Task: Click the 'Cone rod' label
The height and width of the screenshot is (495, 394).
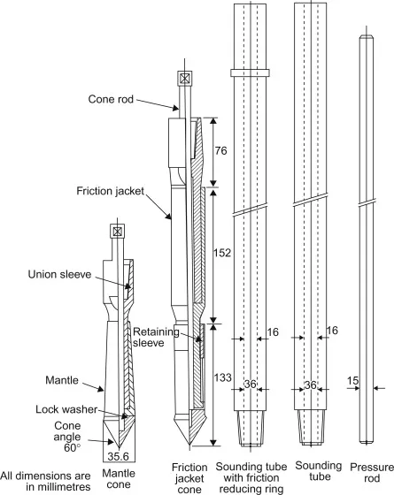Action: click(x=111, y=99)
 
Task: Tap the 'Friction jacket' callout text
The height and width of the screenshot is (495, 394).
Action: click(x=110, y=191)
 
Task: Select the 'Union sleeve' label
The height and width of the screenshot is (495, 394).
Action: click(x=59, y=274)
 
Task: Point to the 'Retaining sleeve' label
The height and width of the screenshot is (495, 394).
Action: click(x=156, y=337)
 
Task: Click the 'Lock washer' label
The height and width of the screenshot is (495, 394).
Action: click(x=66, y=409)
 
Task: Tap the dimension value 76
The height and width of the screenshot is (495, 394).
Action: click(x=221, y=150)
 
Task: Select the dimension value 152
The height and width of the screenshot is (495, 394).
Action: click(x=222, y=253)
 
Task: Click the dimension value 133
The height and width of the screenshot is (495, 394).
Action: click(x=223, y=377)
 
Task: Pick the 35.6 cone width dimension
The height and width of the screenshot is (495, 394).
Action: click(x=119, y=456)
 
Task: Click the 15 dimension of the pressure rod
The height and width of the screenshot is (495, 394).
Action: click(x=353, y=381)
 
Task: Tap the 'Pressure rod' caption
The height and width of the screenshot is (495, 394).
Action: click(x=372, y=473)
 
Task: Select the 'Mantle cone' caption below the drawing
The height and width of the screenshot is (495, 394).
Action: click(x=119, y=478)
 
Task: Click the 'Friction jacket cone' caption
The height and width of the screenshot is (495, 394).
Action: click(x=189, y=478)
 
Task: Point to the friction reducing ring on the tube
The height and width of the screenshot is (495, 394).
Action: click(x=250, y=72)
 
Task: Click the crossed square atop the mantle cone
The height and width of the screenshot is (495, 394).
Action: click(x=117, y=232)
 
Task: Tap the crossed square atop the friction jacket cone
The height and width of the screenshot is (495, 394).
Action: click(x=184, y=78)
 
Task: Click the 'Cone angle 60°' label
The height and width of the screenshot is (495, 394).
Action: click(x=67, y=437)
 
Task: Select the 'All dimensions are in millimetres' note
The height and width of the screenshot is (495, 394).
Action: click(x=45, y=481)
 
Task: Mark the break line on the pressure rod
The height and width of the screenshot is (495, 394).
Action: click(x=367, y=203)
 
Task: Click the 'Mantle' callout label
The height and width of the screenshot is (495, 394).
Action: click(x=62, y=380)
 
